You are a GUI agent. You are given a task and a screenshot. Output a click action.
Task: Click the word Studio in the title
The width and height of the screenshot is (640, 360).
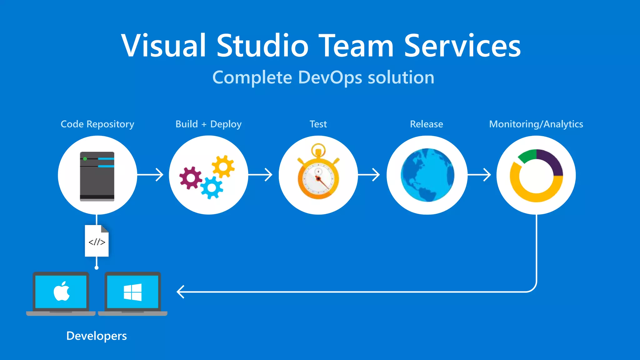pos(262,46)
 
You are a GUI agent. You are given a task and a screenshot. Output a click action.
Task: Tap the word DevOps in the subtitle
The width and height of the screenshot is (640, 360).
pos(330,77)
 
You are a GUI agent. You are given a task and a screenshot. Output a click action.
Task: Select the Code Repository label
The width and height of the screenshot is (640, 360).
pos(97,124)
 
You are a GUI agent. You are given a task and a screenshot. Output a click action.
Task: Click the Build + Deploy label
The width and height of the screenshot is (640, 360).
pos(208,124)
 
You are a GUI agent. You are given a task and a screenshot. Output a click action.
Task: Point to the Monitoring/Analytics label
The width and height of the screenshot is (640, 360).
pos(536,124)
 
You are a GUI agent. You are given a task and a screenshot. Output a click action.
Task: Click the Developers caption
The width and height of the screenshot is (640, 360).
pos(97,336)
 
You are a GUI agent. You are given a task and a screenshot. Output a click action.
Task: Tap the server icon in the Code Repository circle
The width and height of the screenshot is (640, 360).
pos(97,176)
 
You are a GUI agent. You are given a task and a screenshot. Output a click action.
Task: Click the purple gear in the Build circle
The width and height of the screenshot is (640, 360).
pos(190,178)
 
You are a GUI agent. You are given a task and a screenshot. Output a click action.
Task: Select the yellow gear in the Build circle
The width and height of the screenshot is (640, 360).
pos(223,166)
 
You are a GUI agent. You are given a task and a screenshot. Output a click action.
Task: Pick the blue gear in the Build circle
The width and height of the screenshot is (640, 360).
pos(212,187)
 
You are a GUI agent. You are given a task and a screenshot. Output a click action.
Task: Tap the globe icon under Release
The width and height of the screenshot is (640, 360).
pos(427,175)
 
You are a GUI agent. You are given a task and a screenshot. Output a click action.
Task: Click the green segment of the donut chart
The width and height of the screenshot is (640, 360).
pos(527,156)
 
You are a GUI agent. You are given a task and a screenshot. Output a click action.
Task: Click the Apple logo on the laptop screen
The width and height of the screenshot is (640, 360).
pos(62,291)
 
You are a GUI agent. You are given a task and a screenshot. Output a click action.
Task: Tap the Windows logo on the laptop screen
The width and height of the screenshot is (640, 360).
pos(132,292)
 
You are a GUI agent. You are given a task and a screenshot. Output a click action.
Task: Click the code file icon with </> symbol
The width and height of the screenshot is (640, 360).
pos(97,241)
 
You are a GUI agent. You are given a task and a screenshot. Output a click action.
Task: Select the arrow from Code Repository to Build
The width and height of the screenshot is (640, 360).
pos(151,175)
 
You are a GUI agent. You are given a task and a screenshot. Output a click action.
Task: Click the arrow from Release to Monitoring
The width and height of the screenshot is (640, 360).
pos(479,175)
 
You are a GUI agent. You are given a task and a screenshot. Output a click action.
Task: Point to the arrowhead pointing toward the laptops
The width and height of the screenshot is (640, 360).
pos(180,292)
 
